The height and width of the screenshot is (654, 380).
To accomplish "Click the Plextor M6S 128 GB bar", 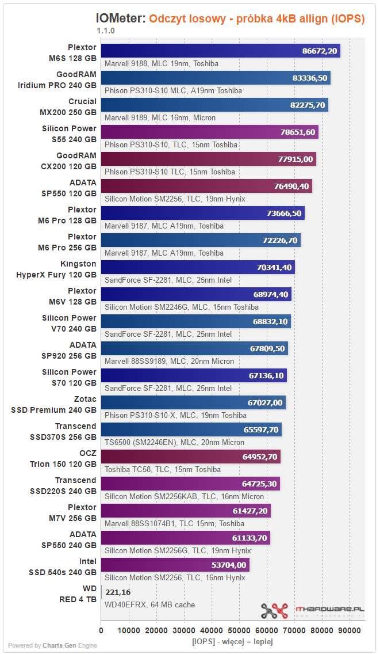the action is point(220,51).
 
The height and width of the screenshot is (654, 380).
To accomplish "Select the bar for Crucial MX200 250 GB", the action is point(214,105).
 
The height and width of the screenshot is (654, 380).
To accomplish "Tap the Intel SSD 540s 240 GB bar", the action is point(175,565).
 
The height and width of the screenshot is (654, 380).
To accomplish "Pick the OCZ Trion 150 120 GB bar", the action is point(191,457).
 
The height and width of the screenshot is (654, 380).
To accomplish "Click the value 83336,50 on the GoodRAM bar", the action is point(310,78).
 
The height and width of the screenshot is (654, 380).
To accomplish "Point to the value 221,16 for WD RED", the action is point(118,592).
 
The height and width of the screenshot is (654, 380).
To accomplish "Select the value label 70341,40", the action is point(274,267).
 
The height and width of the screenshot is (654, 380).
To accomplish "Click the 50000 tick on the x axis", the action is point(239,630).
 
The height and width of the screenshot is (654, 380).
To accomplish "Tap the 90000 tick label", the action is point(349,630).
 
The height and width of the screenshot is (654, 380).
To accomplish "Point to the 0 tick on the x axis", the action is point(101,630).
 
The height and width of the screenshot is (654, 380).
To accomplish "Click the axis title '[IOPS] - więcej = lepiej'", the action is point(232,641).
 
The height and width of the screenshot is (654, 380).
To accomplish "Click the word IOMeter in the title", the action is point(121,18).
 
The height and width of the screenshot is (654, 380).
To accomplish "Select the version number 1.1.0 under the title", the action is point(106,31).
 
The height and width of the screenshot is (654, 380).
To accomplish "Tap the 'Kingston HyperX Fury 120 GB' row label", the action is point(56,269).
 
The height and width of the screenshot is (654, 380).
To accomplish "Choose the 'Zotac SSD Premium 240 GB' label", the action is point(53,405).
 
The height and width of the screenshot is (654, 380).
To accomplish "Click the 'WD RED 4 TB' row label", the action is point(78,594).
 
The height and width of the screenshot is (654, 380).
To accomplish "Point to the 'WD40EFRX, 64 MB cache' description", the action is point(149,605).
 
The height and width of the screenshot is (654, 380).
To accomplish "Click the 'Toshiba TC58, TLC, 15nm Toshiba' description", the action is point(163,470).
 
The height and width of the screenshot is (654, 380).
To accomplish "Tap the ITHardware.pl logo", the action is point(313,611).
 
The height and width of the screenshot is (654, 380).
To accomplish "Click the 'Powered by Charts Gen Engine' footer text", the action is point(52,646).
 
